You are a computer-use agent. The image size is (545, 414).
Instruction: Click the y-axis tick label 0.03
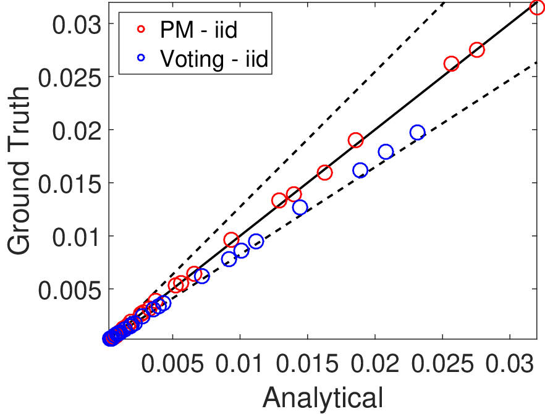click(77, 25)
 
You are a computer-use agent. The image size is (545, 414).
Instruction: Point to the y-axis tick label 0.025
click(70, 78)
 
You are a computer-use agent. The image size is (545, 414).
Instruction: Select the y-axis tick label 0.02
click(77, 131)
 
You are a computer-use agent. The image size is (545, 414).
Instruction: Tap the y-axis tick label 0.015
click(70, 184)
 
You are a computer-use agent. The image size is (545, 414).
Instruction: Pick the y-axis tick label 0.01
click(77, 237)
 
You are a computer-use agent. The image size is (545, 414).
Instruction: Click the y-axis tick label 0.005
click(70, 290)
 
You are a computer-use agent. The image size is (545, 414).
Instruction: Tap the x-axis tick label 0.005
click(172, 364)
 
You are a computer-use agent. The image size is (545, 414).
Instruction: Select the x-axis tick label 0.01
click(240, 364)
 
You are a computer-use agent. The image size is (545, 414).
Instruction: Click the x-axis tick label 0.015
click(307, 364)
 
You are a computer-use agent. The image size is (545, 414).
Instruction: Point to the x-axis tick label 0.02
click(374, 364)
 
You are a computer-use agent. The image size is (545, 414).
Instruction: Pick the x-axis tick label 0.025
click(442, 364)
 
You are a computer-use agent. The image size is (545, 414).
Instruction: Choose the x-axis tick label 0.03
click(510, 364)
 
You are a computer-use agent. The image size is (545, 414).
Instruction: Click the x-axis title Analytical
click(323, 398)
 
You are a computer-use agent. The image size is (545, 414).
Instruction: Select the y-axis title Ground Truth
click(19, 171)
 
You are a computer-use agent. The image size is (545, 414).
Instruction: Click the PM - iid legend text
click(199, 30)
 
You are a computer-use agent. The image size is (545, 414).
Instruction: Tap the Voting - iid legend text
click(214, 59)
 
